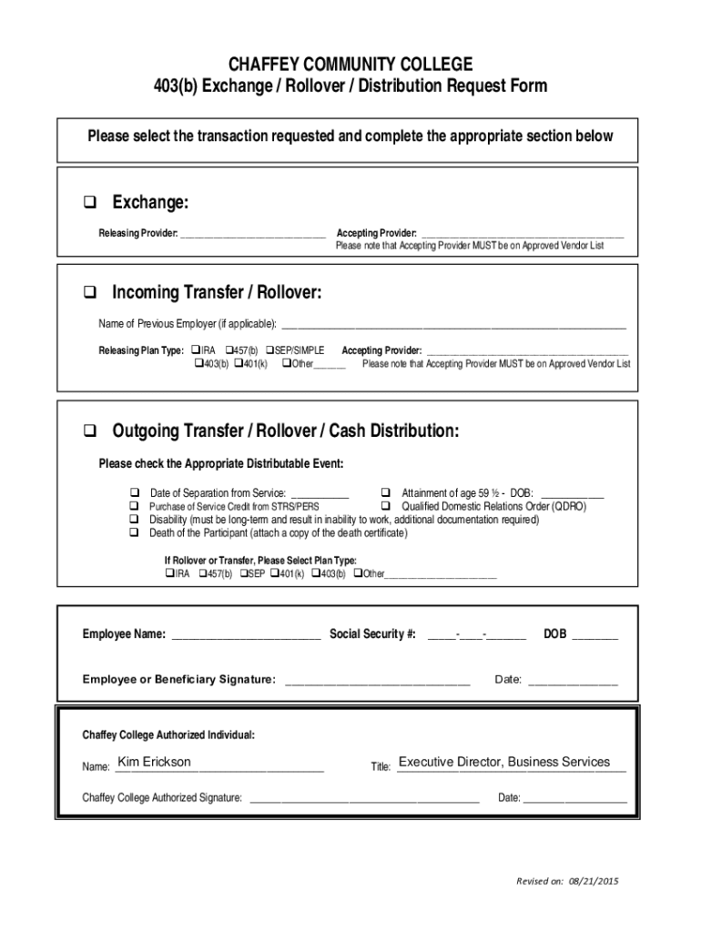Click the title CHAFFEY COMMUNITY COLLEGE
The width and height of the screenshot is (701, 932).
pyautogui.click(x=350, y=65)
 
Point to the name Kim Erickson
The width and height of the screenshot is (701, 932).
pyautogui.click(x=155, y=762)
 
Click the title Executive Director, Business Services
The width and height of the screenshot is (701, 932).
pyautogui.click(x=504, y=762)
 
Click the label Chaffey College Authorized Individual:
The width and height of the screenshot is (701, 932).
pyautogui.click(x=168, y=734)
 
